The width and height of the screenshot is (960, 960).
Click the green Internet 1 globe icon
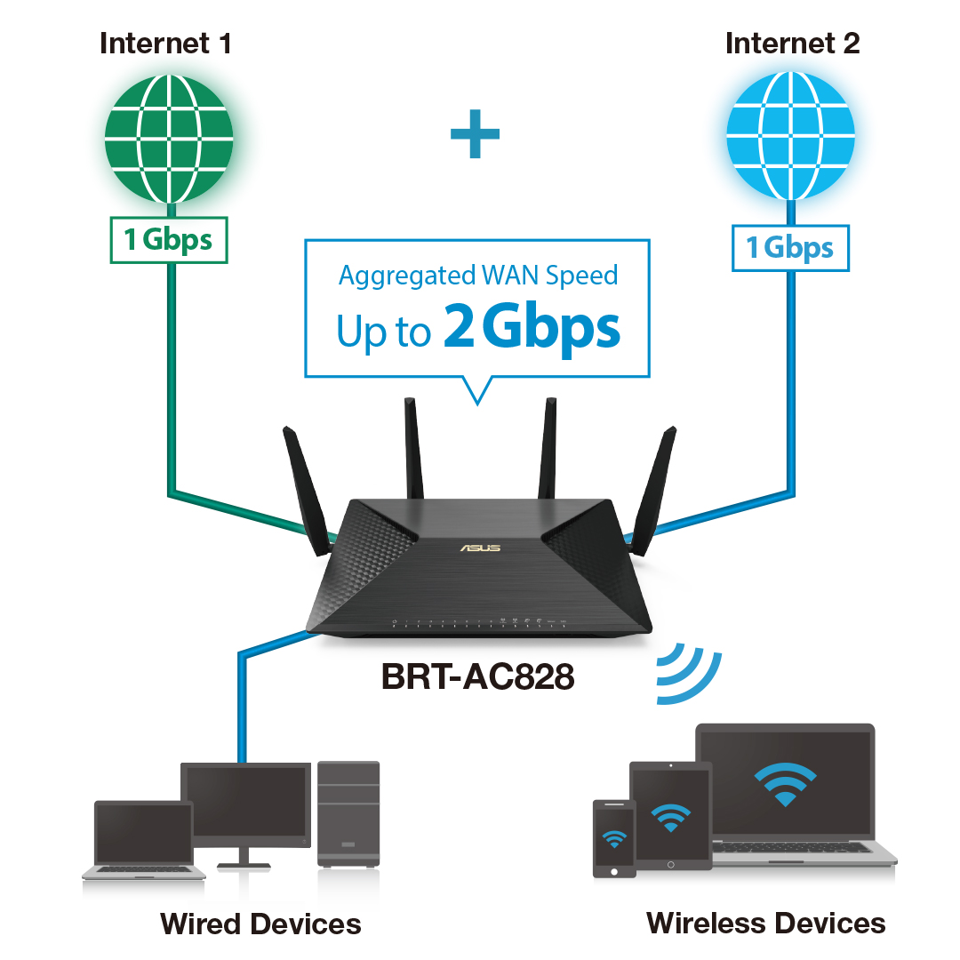tap(169, 137)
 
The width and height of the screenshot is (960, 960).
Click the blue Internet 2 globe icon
tap(790, 137)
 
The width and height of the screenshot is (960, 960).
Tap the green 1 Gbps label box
tap(169, 240)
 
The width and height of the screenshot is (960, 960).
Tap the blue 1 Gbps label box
tap(790, 247)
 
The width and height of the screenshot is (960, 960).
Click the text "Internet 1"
tap(165, 43)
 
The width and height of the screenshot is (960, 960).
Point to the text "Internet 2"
tap(792, 43)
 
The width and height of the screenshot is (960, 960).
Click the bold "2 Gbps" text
tap(531, 329)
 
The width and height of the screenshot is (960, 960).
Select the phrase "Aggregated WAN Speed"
tap(478, 275)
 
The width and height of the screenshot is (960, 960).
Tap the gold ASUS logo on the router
tap(480, 548)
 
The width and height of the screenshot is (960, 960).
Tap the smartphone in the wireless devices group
tap(613, 837)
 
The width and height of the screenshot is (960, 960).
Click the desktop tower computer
tap(348, 812)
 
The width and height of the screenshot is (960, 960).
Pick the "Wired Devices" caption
tap(260, 924)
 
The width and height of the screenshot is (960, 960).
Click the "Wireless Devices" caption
tap(766, 923)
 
